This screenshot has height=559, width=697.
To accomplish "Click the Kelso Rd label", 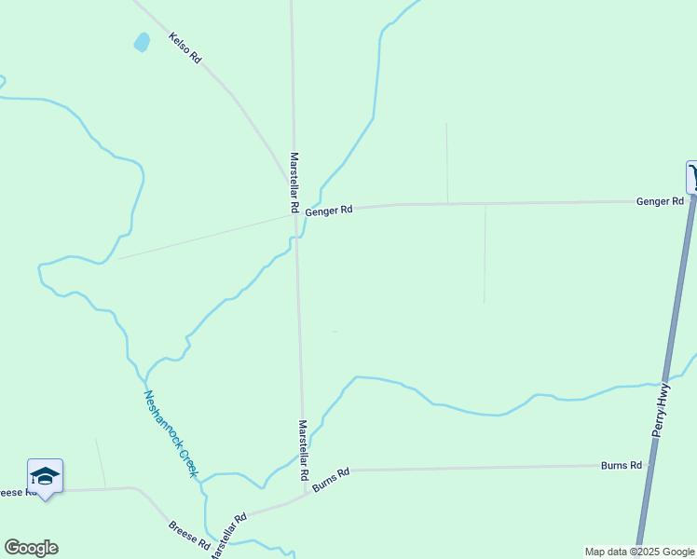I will tap(184, 48).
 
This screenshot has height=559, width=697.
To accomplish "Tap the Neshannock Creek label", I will tap(171, 433).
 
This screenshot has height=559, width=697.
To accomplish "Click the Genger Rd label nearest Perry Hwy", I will tap(660, 201).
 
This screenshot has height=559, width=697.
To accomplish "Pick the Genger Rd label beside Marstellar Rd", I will tap(329, 211).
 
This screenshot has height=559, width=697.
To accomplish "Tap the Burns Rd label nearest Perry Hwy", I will tap(622, 465).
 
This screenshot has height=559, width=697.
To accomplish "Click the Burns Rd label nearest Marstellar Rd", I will tap(331, 479).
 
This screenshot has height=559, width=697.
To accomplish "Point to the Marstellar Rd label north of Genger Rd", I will tap(294, 181).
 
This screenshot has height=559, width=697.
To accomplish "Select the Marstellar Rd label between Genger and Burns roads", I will tap(303, 449).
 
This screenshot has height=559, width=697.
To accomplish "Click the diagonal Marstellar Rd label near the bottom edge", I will tap(227, 536).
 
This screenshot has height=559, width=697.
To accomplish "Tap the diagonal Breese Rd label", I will tap(188, 536).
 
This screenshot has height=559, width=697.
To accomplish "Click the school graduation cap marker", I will tap(45, 477).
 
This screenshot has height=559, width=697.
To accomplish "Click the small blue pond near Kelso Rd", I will tap(142, 42).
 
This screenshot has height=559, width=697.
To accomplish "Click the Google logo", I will tap(31, 548).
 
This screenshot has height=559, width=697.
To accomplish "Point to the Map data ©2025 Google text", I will tap(639, 552).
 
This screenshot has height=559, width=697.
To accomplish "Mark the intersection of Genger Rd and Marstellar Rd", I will tap(295, 214).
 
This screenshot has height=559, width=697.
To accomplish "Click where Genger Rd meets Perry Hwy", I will tap(691, 200).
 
